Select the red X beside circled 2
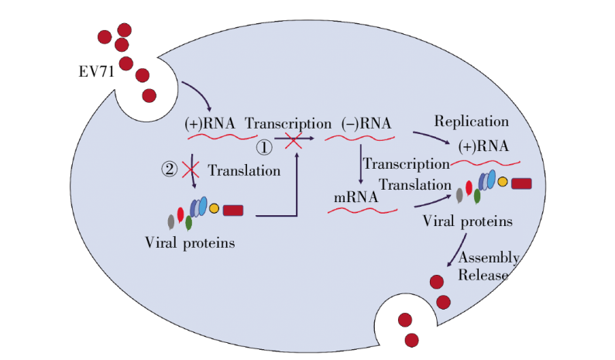click(x=191, y=169)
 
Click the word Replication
click(x=471, y=122)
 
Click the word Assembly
click(x=488, y=258)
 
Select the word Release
click(x=483, y=276)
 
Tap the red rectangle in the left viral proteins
click(x=233, y=210)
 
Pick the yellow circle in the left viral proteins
click(x=215, y=209)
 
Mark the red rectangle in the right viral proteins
click(x=521, y=183)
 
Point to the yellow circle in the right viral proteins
click(x=503, y=183)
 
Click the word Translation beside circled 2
click(x=244, y=171)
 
